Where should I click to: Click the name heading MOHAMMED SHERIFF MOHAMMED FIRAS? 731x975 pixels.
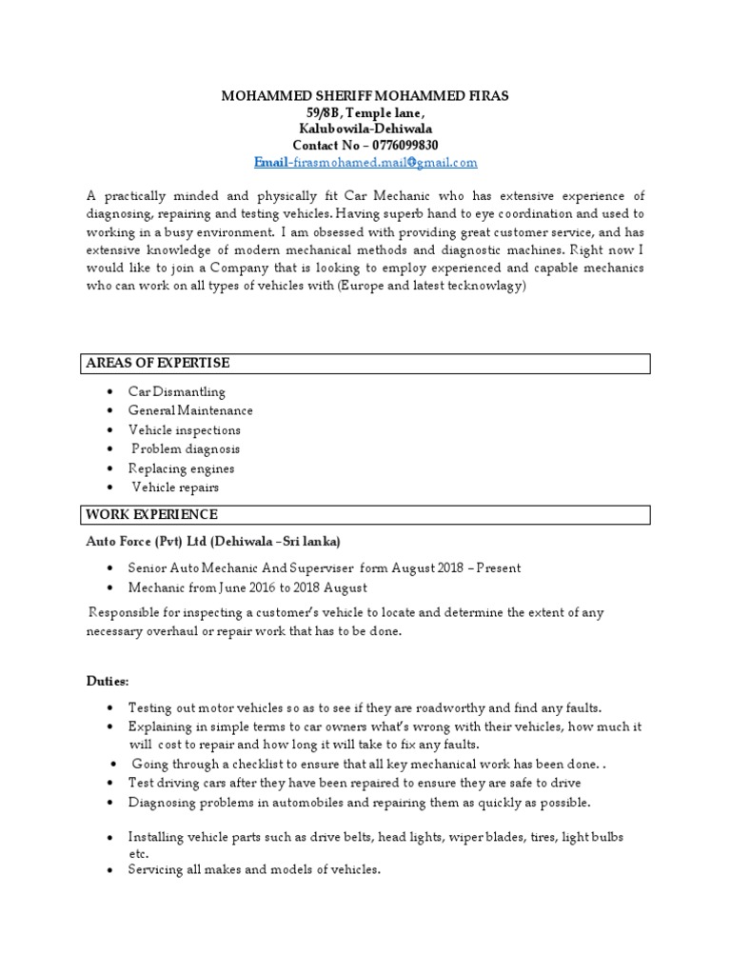point(365,96)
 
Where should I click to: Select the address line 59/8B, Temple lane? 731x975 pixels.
point(365,112)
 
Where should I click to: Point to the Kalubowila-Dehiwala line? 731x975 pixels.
point(365,129)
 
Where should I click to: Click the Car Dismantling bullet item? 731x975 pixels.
point(177,391)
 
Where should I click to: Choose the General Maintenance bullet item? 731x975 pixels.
point(190,410)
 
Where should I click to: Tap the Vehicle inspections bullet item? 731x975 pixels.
point(185,429)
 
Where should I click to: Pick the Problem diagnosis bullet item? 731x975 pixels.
point(186,448)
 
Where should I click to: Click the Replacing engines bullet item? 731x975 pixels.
point(181,468)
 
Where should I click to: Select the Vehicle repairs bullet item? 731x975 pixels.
point(175,487)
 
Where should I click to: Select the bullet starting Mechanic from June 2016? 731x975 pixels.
point(247,587)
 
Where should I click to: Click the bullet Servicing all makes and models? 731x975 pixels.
point(254,869)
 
